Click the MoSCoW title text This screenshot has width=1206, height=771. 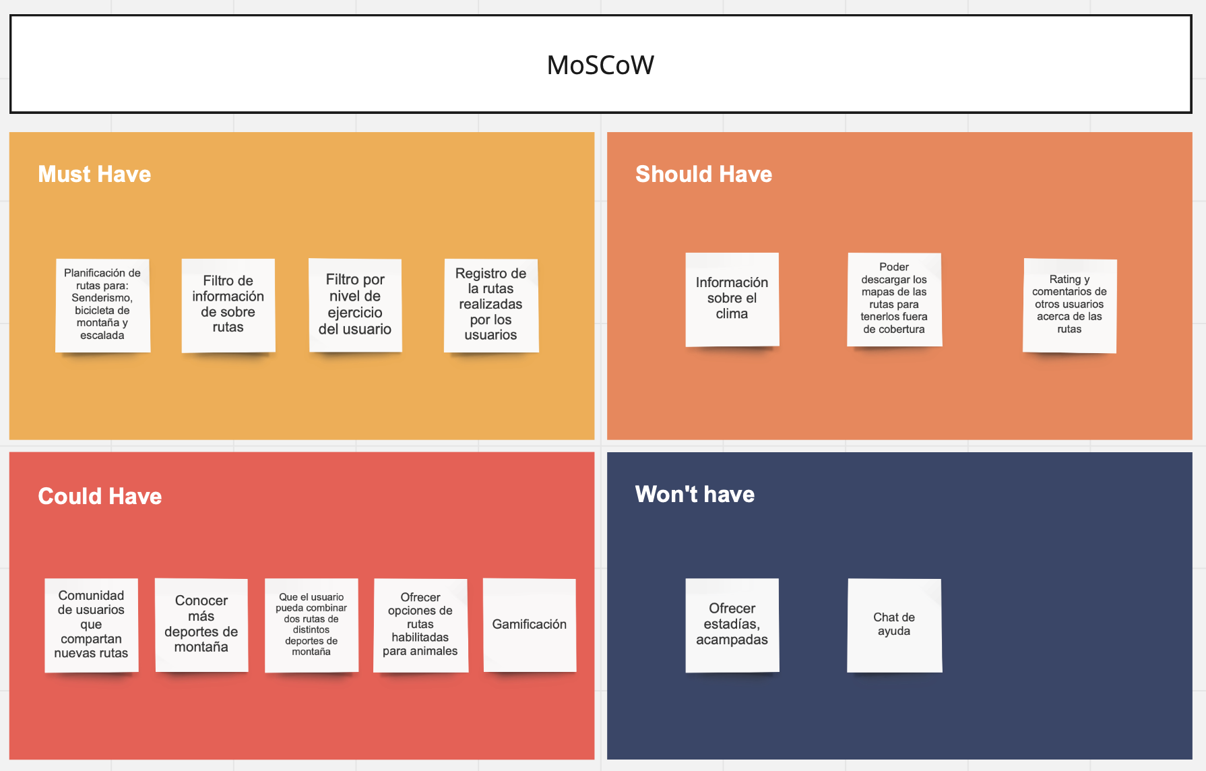600,65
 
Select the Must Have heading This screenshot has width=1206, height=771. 94,174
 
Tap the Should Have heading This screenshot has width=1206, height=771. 703,174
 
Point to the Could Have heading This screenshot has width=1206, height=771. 100,496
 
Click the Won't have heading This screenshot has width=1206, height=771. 695,494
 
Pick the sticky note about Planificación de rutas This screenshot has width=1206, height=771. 102,305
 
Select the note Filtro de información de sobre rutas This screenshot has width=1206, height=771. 228,305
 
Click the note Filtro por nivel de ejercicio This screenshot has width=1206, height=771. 355,305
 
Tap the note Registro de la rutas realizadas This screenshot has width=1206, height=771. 491,305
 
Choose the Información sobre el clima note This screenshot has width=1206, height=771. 732,300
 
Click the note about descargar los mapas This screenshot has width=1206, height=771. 894,300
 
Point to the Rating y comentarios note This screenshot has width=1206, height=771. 1070,305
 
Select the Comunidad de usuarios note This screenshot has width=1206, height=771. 92,625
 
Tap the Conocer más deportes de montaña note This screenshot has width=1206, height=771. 201,625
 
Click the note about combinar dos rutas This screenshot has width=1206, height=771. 311,625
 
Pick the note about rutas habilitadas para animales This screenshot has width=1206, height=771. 420,625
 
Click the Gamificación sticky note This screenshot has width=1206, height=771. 530,625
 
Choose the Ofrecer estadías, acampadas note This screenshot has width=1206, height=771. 732,625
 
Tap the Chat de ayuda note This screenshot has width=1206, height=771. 894,625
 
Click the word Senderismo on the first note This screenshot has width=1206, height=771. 102,298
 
